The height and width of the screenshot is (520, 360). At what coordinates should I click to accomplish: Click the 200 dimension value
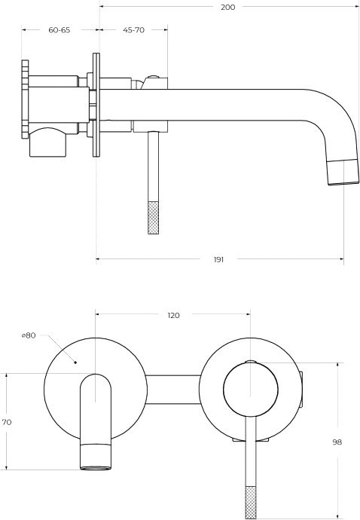coord(227,7)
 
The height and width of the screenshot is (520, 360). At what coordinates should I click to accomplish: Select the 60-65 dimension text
coord(59,30)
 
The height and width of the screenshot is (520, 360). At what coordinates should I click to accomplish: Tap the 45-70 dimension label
coord(133,30)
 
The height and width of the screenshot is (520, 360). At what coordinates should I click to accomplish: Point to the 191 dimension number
coord(218,259)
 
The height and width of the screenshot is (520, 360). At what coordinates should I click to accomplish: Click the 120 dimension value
coord(173,315)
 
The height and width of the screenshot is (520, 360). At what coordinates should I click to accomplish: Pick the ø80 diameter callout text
coord(29,335)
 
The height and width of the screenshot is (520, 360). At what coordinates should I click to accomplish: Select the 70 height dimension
coord(7,422)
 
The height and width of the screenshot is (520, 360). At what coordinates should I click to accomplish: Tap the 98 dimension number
coord(337,442)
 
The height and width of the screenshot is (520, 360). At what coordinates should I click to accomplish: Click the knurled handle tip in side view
coord(153,218)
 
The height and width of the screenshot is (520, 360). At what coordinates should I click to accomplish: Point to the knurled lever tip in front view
coord(251,503)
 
